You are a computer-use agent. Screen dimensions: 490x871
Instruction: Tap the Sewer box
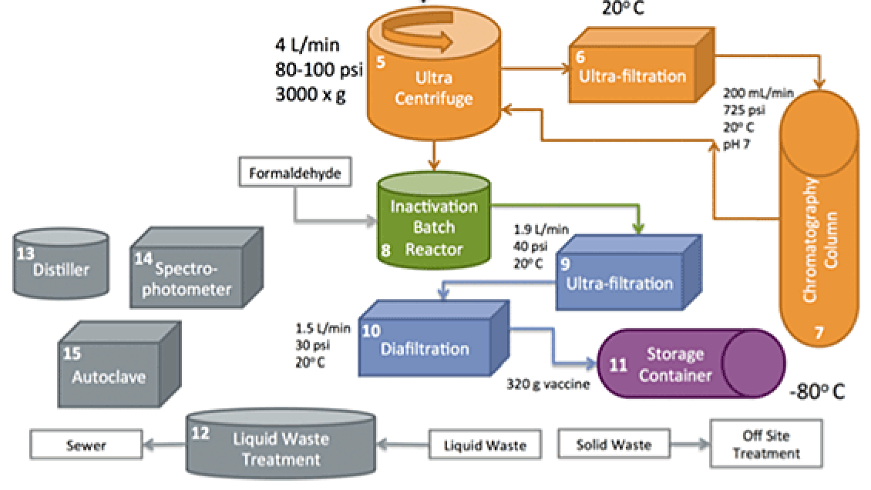click(86, 445)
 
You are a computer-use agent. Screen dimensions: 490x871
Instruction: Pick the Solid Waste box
click(614, 445)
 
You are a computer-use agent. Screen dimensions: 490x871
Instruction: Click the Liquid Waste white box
click(486, 445)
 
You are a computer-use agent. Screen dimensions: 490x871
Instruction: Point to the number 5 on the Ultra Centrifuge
click(381, 62)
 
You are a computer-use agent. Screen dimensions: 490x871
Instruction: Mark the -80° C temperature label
click(817, 391)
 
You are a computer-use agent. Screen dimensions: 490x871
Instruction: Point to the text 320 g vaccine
click(547, 384)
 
